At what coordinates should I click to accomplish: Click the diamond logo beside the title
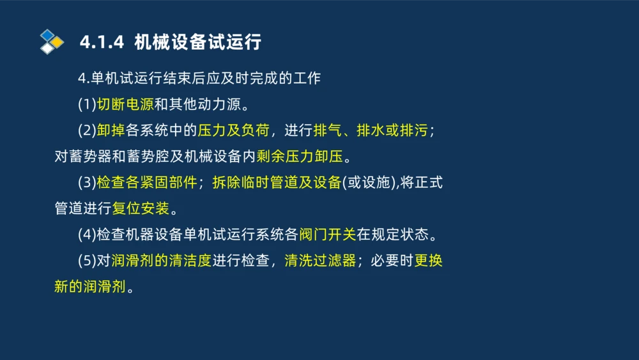click(x=52, y=42)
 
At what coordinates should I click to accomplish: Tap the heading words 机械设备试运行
click(x=197, y=42)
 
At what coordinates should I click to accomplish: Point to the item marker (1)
click(x=87, y=104)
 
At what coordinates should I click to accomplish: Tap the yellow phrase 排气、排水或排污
click(x=371, y=130)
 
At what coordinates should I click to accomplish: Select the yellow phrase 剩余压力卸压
click(x=299, y=157)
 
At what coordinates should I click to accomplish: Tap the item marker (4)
click(x=87, y=235)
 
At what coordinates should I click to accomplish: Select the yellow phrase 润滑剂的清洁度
click(x=160, y=261)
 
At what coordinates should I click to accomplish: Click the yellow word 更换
click(x=428, y=261)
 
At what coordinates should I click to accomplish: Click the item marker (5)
click(x=87, y=261)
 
